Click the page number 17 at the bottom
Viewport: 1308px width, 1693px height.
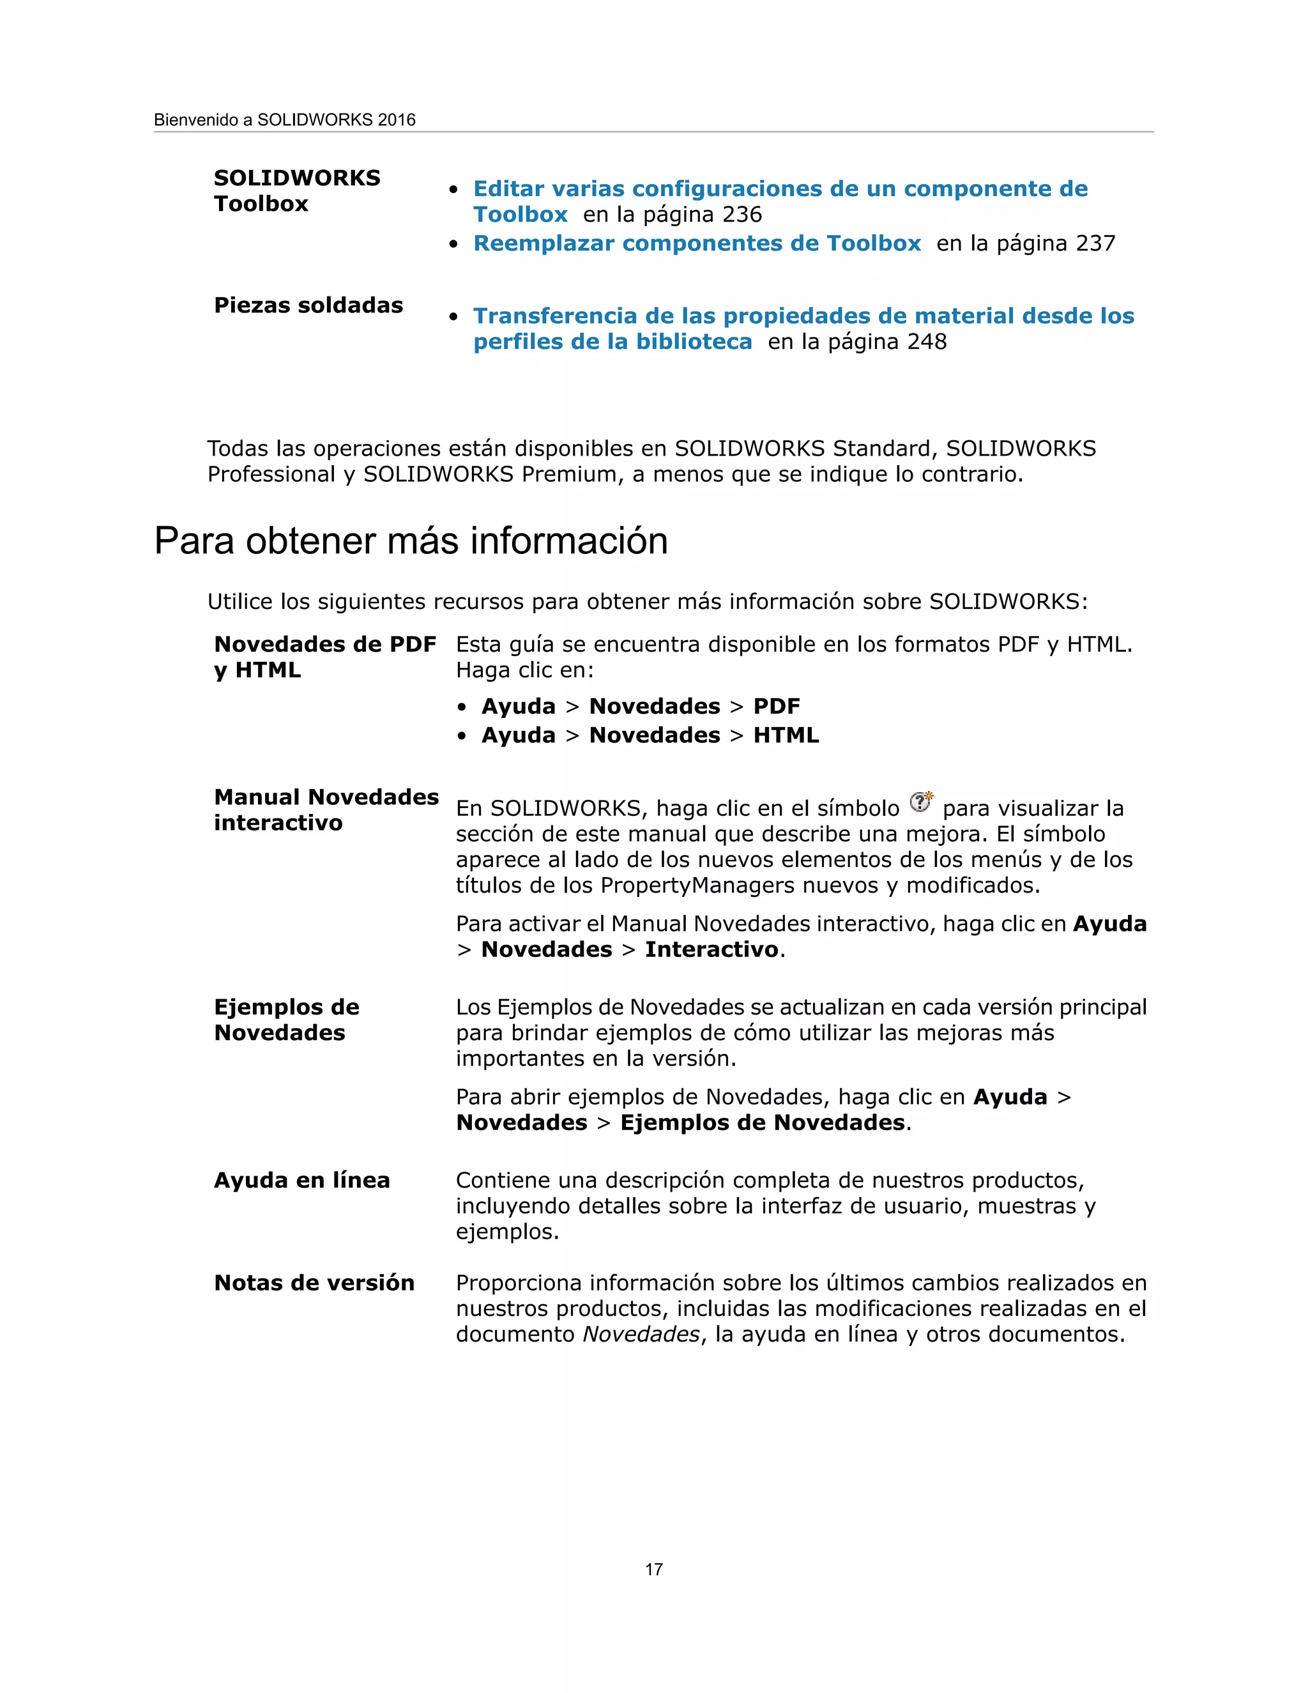tap(653, 1569)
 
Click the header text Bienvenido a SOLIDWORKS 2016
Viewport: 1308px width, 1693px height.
tap(284, 120)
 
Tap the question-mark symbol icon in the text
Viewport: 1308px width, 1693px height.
tap(920, 802)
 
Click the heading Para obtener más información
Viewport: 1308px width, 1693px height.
tap(411, 540)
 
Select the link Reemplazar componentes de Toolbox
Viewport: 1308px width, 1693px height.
tap(697, 243)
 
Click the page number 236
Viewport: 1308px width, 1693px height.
tap(742, 215)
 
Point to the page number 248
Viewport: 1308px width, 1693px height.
tap(927, 342)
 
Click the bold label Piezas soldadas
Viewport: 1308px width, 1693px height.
tap(308, 305)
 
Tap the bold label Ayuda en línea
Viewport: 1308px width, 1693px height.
tap(301, 1180)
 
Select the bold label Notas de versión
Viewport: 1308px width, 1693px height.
tap(314, 1282)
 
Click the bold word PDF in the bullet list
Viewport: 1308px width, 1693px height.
tap(777, 706)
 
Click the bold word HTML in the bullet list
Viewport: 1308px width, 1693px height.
tap(786, 735)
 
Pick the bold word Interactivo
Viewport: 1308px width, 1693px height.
tap(711, 949)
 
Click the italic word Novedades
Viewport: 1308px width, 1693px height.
tap(641, 1334)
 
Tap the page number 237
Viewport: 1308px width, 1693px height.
tap(1096, 243)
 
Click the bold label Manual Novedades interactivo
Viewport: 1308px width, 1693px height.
tap(326, 809)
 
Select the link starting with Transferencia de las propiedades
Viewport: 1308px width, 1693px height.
tap(803, 316)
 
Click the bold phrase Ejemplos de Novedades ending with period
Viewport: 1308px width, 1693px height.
tap(762, 1122)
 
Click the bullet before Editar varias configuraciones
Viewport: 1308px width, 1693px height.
tap(455, 190)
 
